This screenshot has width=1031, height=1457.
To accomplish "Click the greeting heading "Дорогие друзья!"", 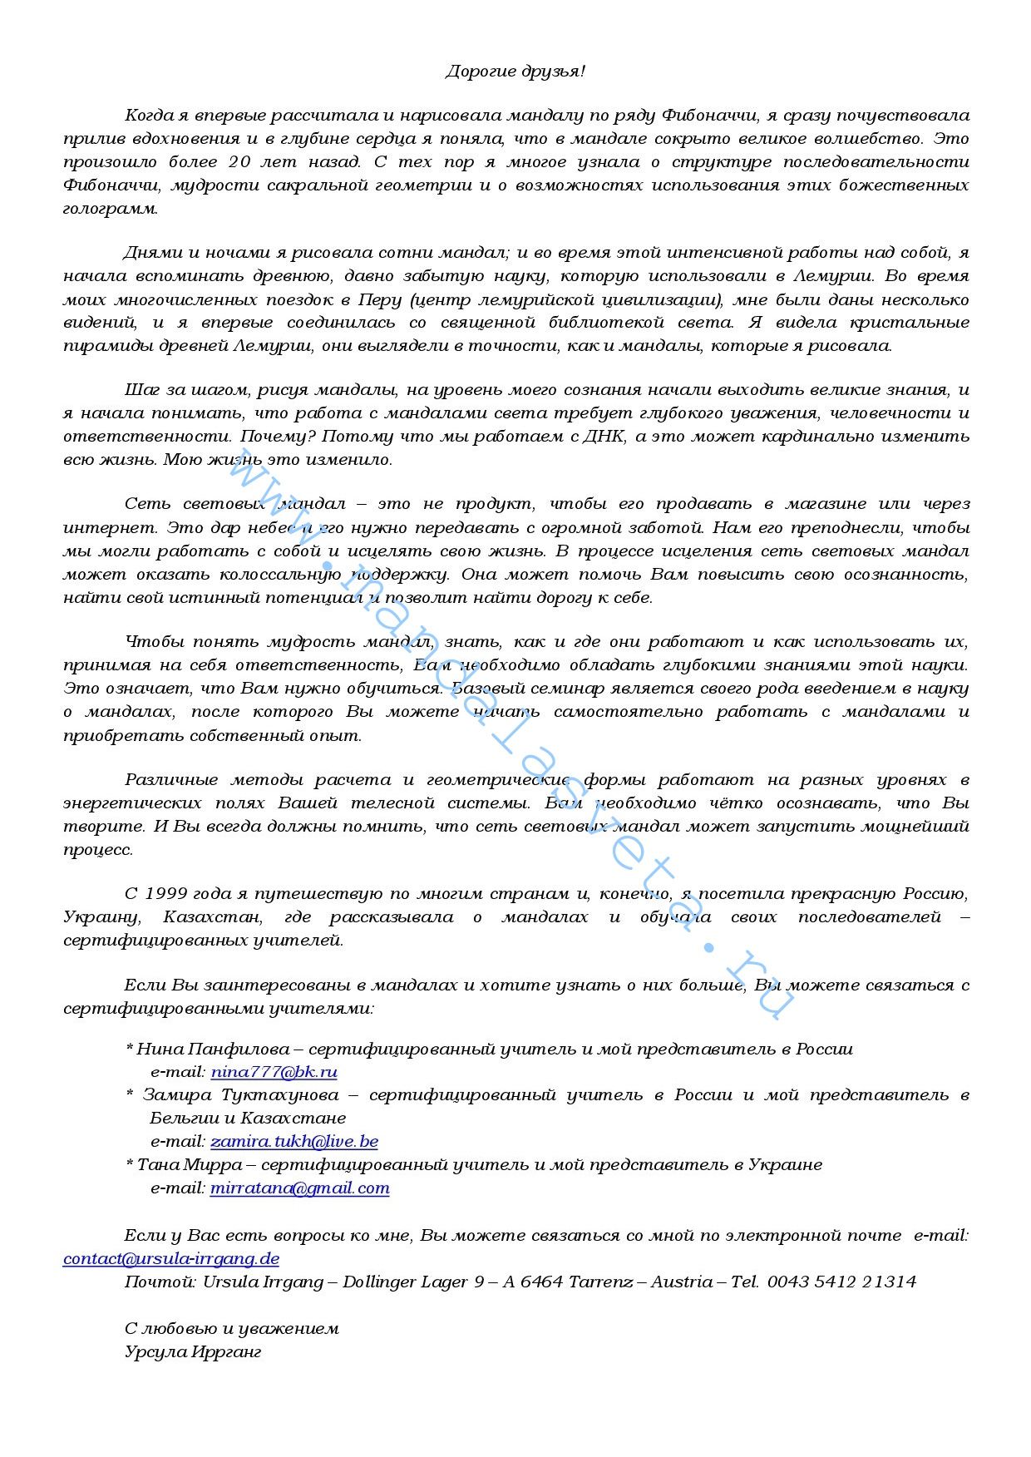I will [x=515, y=72].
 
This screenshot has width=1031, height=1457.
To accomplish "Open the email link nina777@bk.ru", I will [x=274, y=1072].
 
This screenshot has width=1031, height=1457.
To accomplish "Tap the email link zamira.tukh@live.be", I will [x=294, y=1141].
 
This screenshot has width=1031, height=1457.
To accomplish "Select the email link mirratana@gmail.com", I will [x=299, y=1188].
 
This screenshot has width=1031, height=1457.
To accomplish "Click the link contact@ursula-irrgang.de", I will [x=171, y=1258].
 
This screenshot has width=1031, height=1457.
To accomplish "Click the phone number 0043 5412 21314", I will [x=841, y=1282].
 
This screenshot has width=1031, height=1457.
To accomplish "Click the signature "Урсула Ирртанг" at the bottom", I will [x=193, y=1351].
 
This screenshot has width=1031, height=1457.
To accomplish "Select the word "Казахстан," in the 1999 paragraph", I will [x=213, y=917].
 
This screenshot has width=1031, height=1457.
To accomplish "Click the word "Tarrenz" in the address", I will [x=598, y=1282].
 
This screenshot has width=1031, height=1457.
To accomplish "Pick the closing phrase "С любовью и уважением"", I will [x=232, y=1328].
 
